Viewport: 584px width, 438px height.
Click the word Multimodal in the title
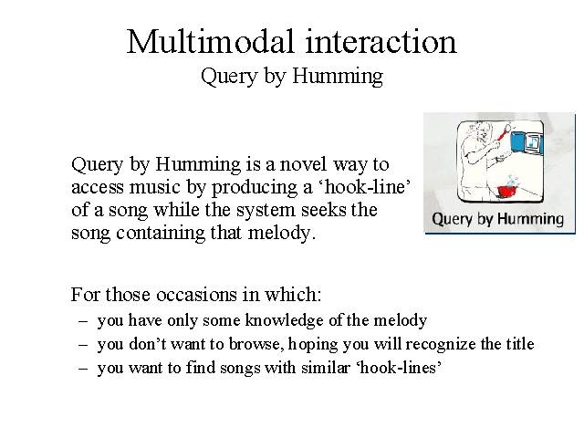click(210, 41)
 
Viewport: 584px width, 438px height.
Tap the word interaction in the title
click(381, 42)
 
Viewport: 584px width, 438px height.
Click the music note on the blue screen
click(534, 141)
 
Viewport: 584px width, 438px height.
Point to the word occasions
click(197, 294)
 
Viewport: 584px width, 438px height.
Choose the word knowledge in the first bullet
click(284, 320)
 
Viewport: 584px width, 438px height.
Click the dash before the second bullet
click(83, 345)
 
